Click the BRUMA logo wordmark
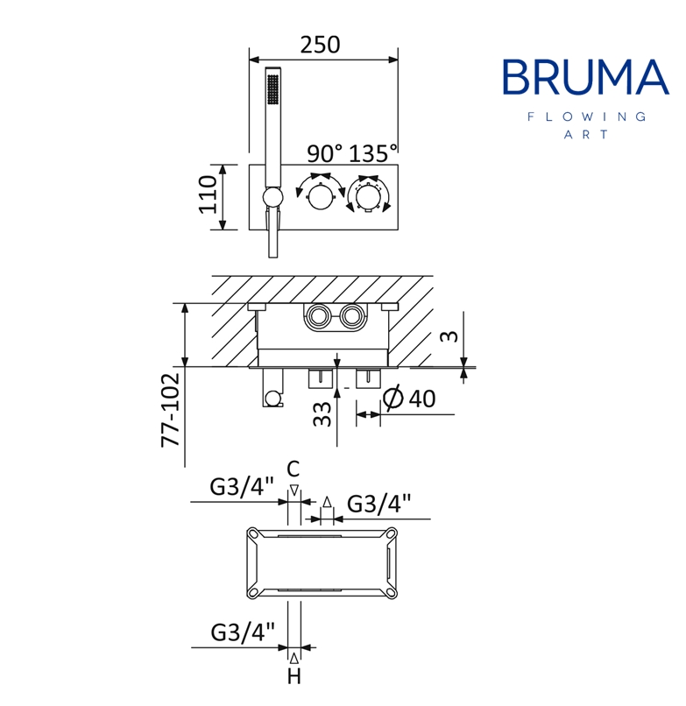[585, 77]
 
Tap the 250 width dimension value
[320, 45]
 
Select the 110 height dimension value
[209, 194]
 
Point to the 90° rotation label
[324, 153]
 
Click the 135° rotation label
[373, 153]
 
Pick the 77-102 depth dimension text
[171, 410]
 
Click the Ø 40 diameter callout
[409, 398]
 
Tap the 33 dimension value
[322, 414]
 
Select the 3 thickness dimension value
[449, 335]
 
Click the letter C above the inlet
[293, 469]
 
